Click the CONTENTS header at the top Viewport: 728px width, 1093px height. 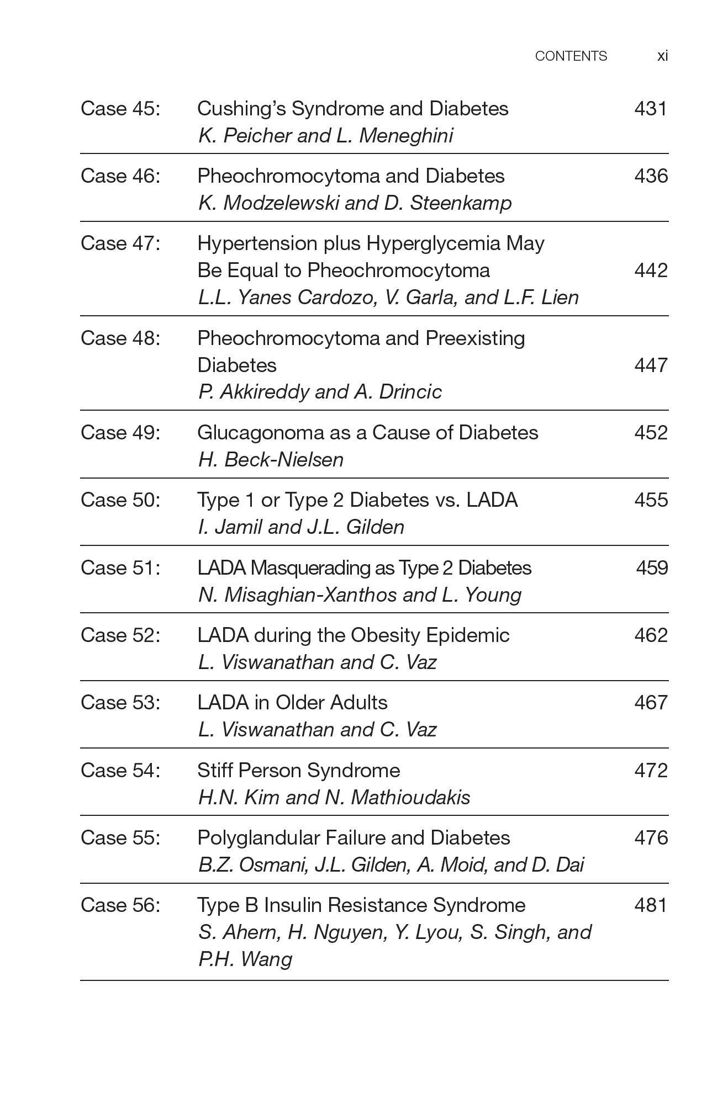point(571,56)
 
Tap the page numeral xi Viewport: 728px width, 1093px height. point(662,56)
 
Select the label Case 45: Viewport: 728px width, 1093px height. point(120,108)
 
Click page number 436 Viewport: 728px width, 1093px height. point(651,176)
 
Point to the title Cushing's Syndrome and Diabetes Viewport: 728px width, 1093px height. point(352,108)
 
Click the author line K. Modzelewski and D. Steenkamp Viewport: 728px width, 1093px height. point(355,203)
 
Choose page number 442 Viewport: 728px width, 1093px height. point(651,270)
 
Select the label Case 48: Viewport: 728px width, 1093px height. point(120,338)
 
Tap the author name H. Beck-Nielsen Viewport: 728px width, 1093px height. point(271,459)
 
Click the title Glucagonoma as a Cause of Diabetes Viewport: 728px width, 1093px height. point(367,432)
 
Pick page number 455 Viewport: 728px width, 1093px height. point(651,500)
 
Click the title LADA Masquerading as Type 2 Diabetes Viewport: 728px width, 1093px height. point(364,567)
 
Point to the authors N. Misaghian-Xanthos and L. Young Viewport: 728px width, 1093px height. point(360,595)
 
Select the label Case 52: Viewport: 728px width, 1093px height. point(120,635)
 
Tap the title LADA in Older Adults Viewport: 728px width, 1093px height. point(292,702)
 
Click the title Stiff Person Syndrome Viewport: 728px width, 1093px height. point(298,770)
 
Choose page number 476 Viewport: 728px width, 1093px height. point(651,837)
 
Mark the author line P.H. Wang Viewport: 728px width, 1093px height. point(245,959)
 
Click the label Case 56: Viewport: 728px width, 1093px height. point(120,905)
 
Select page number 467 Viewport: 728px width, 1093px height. point(651,702)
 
